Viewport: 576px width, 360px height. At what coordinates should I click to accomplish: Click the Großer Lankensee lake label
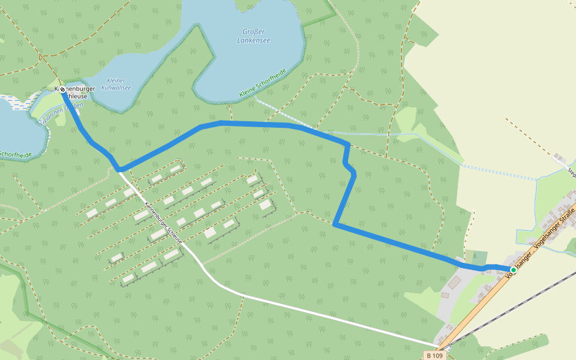coord(254,37)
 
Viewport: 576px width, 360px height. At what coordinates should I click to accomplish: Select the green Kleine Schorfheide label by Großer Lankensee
coord(263,83)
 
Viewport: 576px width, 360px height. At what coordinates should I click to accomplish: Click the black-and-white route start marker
coord(62,89)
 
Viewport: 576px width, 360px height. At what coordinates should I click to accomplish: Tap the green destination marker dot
coord(513,269)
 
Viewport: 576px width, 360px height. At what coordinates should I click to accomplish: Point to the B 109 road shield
coord(436,355)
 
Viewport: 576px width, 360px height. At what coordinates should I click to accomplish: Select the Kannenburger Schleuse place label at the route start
coord(75,92)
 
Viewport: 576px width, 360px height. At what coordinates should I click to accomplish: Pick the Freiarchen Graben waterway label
coord(60,112)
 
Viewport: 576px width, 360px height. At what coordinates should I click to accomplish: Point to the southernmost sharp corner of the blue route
coord(335,224)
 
